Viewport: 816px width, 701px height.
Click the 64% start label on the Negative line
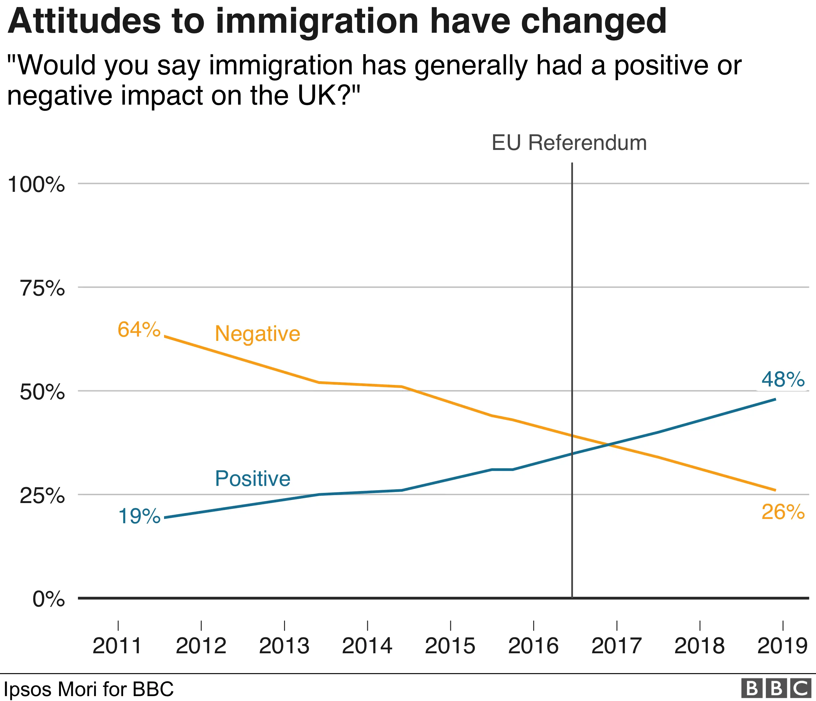(x=139, y=330)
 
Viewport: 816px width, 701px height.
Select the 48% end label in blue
(x=783, y=379)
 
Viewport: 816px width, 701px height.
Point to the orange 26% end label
(x=783, y=512)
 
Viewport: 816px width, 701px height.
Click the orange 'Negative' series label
(x=257, y=334)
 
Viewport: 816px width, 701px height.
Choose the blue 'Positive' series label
(x=253, y=479)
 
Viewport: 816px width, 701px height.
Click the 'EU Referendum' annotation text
(x=569, y=143)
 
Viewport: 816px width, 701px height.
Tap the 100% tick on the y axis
(x=36, y=184)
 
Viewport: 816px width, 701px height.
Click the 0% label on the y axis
(x=48, y=599)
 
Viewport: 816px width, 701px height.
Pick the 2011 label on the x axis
(x=117, y=646)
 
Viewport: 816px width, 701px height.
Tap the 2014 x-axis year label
(x=367, y=646)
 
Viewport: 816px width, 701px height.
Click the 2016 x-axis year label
(x=533, y=646)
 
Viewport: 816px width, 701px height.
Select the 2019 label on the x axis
(x=782, y=646)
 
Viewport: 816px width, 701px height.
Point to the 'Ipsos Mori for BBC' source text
(x=89, y=689)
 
